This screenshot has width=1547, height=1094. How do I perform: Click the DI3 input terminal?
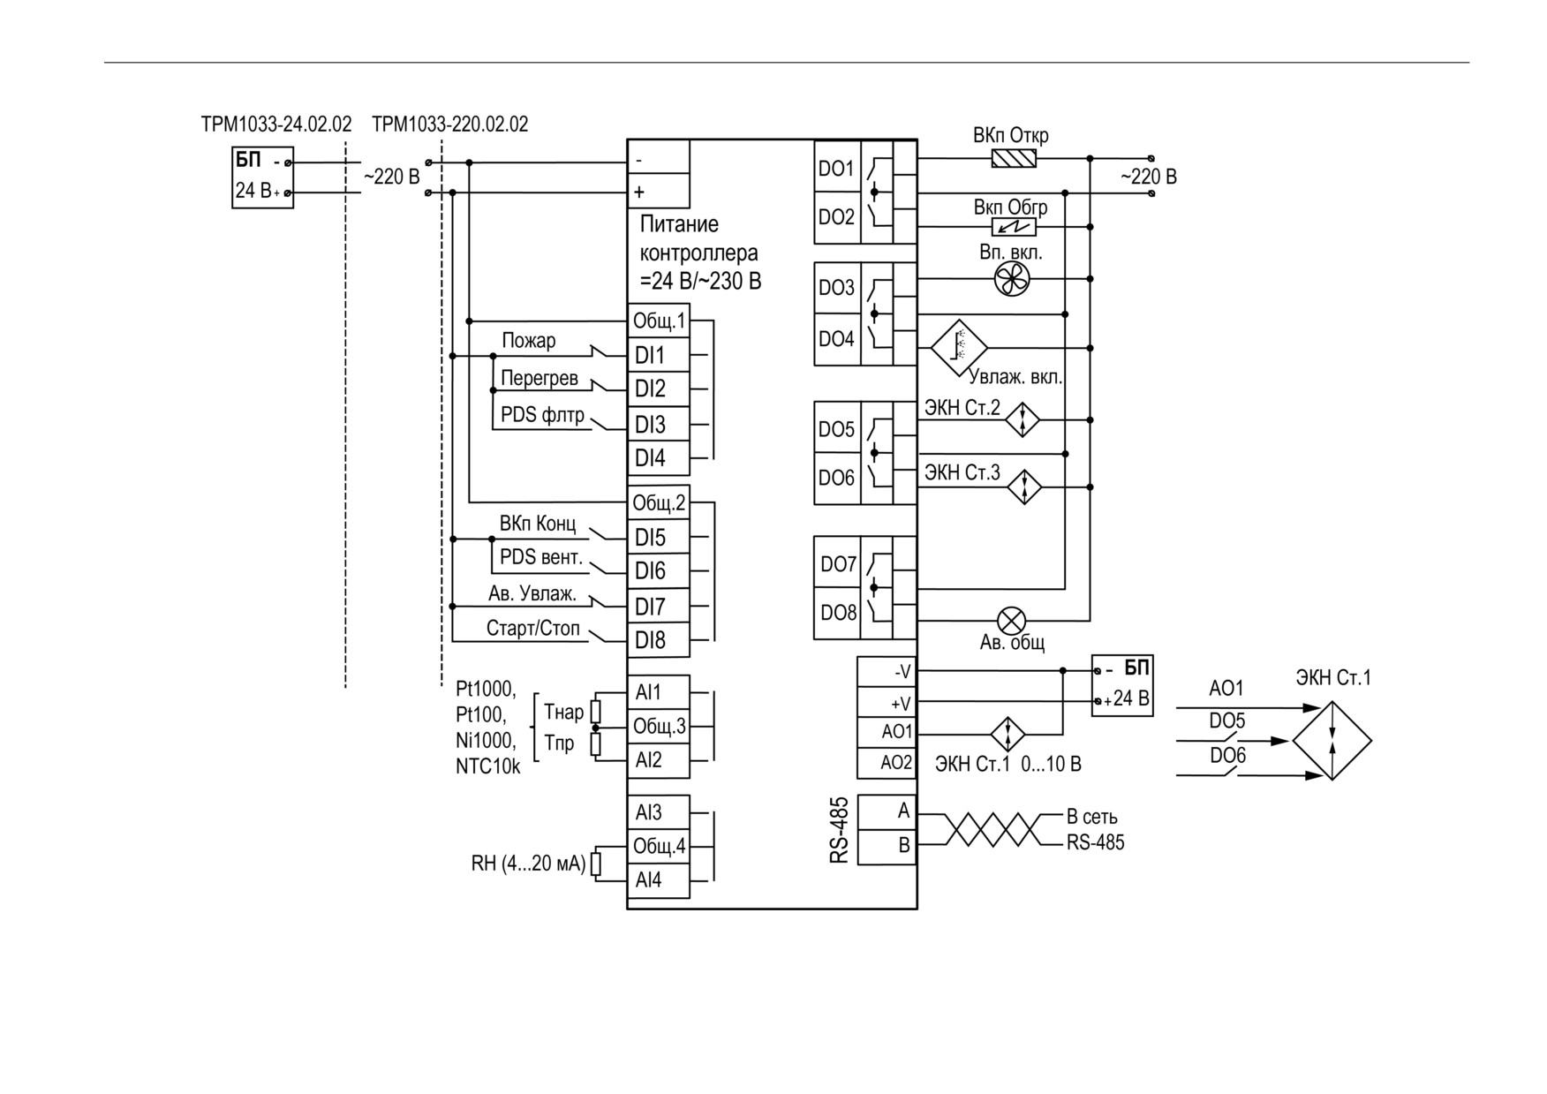(658, 425)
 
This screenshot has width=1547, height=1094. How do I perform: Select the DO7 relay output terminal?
(837, 564)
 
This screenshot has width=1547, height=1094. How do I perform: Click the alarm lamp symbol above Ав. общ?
(1011, 620)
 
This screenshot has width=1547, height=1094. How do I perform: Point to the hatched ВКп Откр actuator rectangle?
(1015, 159)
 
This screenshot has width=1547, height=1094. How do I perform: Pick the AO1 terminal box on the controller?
(887, 732)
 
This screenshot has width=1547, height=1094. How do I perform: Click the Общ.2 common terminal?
(658, 503)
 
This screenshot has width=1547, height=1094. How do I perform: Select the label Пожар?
(529, 341)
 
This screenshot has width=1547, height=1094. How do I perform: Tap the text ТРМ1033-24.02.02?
(276, 124)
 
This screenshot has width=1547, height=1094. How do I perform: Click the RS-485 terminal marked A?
(887, 811)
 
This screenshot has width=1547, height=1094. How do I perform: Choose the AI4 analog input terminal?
(658, 880)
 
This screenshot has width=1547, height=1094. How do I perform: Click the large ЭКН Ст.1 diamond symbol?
(1332, 741)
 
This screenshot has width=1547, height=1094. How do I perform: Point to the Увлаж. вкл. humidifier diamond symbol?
(959, 348)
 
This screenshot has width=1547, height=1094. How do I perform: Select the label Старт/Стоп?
(533, 629)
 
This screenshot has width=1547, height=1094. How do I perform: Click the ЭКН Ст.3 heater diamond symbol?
(1024, 487)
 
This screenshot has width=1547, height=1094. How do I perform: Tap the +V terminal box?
(887, 703)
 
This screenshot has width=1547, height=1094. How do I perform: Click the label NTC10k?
(488, 766)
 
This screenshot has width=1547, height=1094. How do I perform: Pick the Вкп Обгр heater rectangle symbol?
(1015, 227)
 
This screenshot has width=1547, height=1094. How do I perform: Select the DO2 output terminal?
(837, 217)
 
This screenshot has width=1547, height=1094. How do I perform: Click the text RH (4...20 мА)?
(528, 864)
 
